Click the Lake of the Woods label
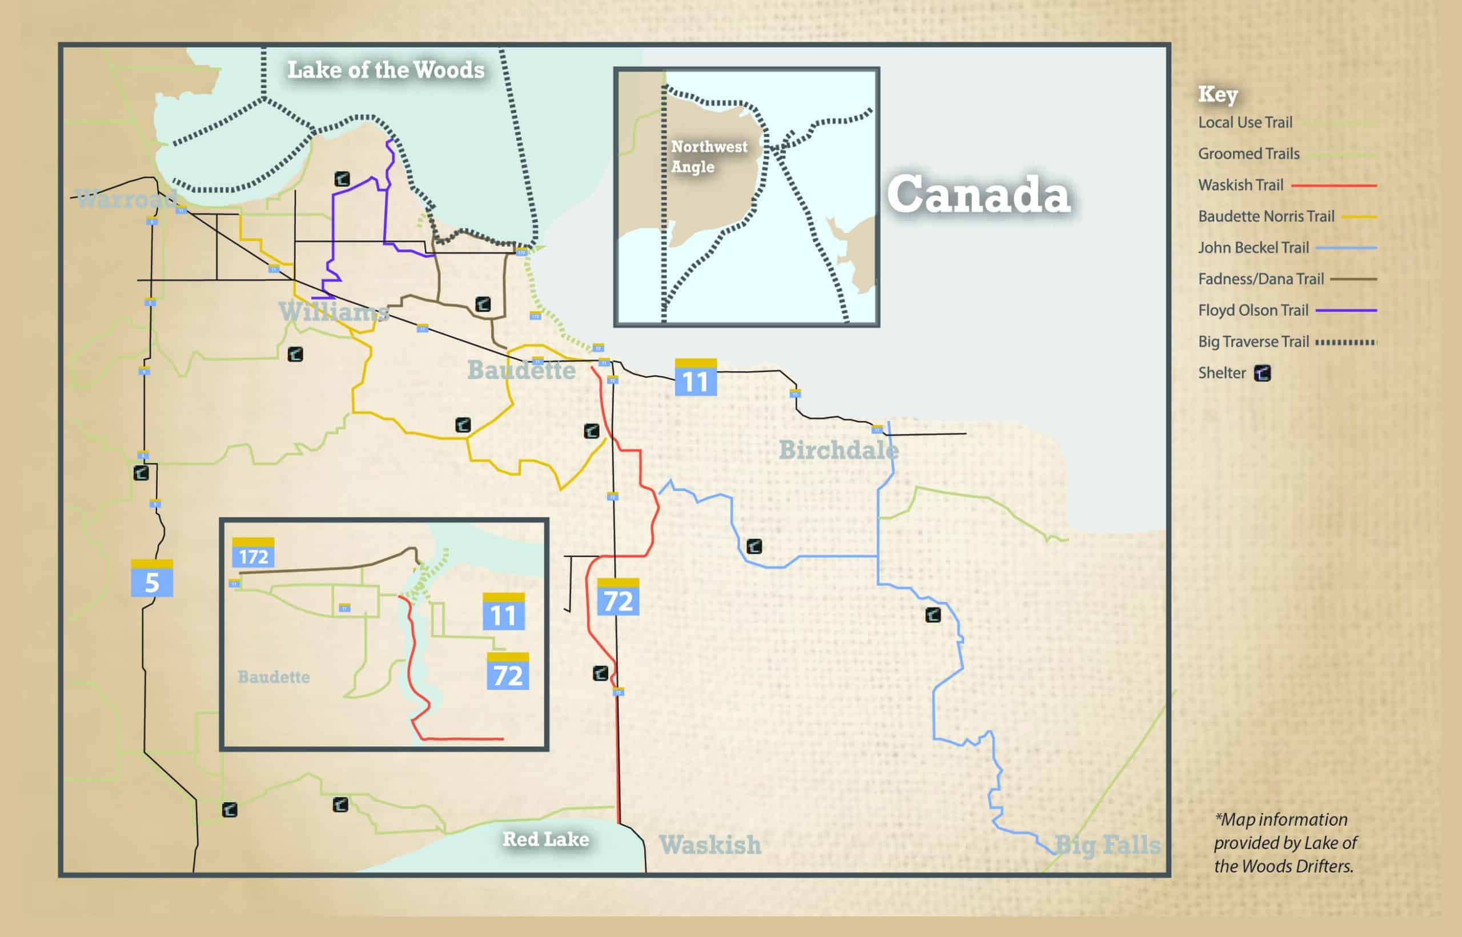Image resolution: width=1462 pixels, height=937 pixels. click(385, 71)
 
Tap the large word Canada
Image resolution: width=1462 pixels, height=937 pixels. click(978, 195)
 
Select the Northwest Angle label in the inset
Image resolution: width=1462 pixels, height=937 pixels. click(709, 156)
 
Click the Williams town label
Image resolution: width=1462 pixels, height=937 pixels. click(334, 312)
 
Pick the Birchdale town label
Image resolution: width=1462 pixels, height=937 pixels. click(838, 451)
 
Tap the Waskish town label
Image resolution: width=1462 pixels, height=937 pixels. click(710, 844)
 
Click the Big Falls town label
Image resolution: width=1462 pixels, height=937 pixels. click(1107, 844)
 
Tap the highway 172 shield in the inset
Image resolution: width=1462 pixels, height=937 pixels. click(253, 553)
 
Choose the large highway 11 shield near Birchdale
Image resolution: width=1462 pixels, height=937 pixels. click(696, 378)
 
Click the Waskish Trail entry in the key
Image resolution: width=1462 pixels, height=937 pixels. click(1240, 185)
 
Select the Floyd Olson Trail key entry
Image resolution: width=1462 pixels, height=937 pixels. click(1253, 310)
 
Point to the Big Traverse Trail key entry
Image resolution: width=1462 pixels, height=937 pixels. click(1254, 342)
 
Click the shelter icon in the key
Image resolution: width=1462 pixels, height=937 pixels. click(1263, 373)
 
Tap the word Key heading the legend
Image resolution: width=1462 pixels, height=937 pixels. click(1218, 94)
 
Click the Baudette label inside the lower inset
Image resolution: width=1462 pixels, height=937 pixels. click(274, 677)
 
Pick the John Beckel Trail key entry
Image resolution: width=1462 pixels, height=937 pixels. click(1254, 248)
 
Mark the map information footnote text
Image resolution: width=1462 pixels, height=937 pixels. click(1285, 843)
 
